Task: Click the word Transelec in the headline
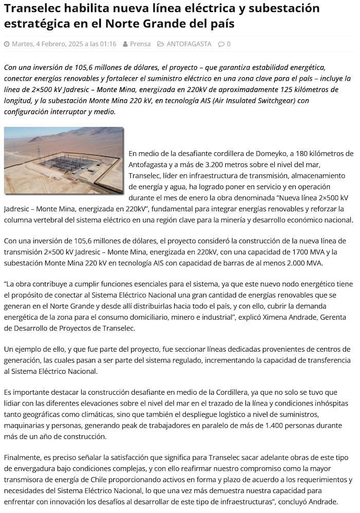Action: (x=30, y=9)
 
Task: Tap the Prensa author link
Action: (x=140, y=44)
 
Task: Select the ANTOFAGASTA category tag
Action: (x=189, y=44)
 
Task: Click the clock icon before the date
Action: (x=7, y=44)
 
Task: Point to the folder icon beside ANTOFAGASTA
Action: (x=161, y=44)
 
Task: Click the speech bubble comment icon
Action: (x=221, y=44)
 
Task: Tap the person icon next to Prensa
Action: (x=125, y=44)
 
